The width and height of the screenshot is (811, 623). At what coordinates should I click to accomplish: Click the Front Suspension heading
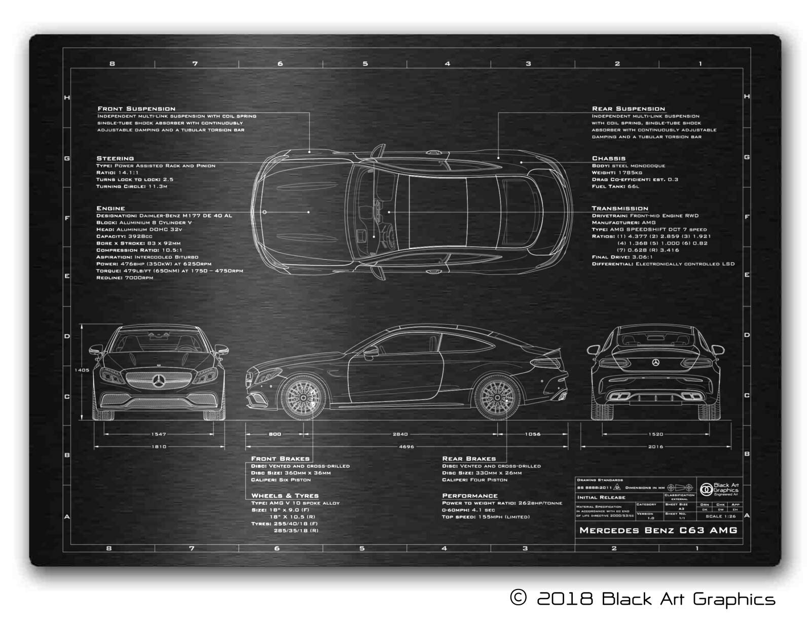pos(136,109)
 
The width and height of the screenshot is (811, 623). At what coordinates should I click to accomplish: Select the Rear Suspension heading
pos(629,109)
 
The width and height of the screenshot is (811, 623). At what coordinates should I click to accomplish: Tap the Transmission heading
pos(620,209)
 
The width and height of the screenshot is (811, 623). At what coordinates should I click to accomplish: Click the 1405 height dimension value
pos(82,370)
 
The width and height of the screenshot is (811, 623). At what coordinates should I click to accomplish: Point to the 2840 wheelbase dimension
pos(400,434)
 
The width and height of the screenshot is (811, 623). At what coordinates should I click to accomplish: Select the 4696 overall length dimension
pos(407,447)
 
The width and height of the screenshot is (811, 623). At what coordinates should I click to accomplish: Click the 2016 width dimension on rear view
pos(655,447)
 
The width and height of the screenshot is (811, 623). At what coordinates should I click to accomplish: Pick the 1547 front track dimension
pos(159,434)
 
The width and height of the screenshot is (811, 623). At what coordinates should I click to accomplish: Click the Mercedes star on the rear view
pos(655,363)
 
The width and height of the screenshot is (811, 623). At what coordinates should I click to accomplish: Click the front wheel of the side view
pos(303,397)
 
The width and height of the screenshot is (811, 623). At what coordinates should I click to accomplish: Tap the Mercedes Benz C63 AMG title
pos(658,531)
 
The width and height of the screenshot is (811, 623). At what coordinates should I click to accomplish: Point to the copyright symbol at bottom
pos(518,598)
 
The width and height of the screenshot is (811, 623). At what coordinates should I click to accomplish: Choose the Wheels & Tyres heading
pos(285,496)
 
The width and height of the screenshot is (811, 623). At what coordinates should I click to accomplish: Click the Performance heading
pos(470,496)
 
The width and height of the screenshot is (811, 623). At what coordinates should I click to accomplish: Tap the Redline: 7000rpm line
pos(125,278)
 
